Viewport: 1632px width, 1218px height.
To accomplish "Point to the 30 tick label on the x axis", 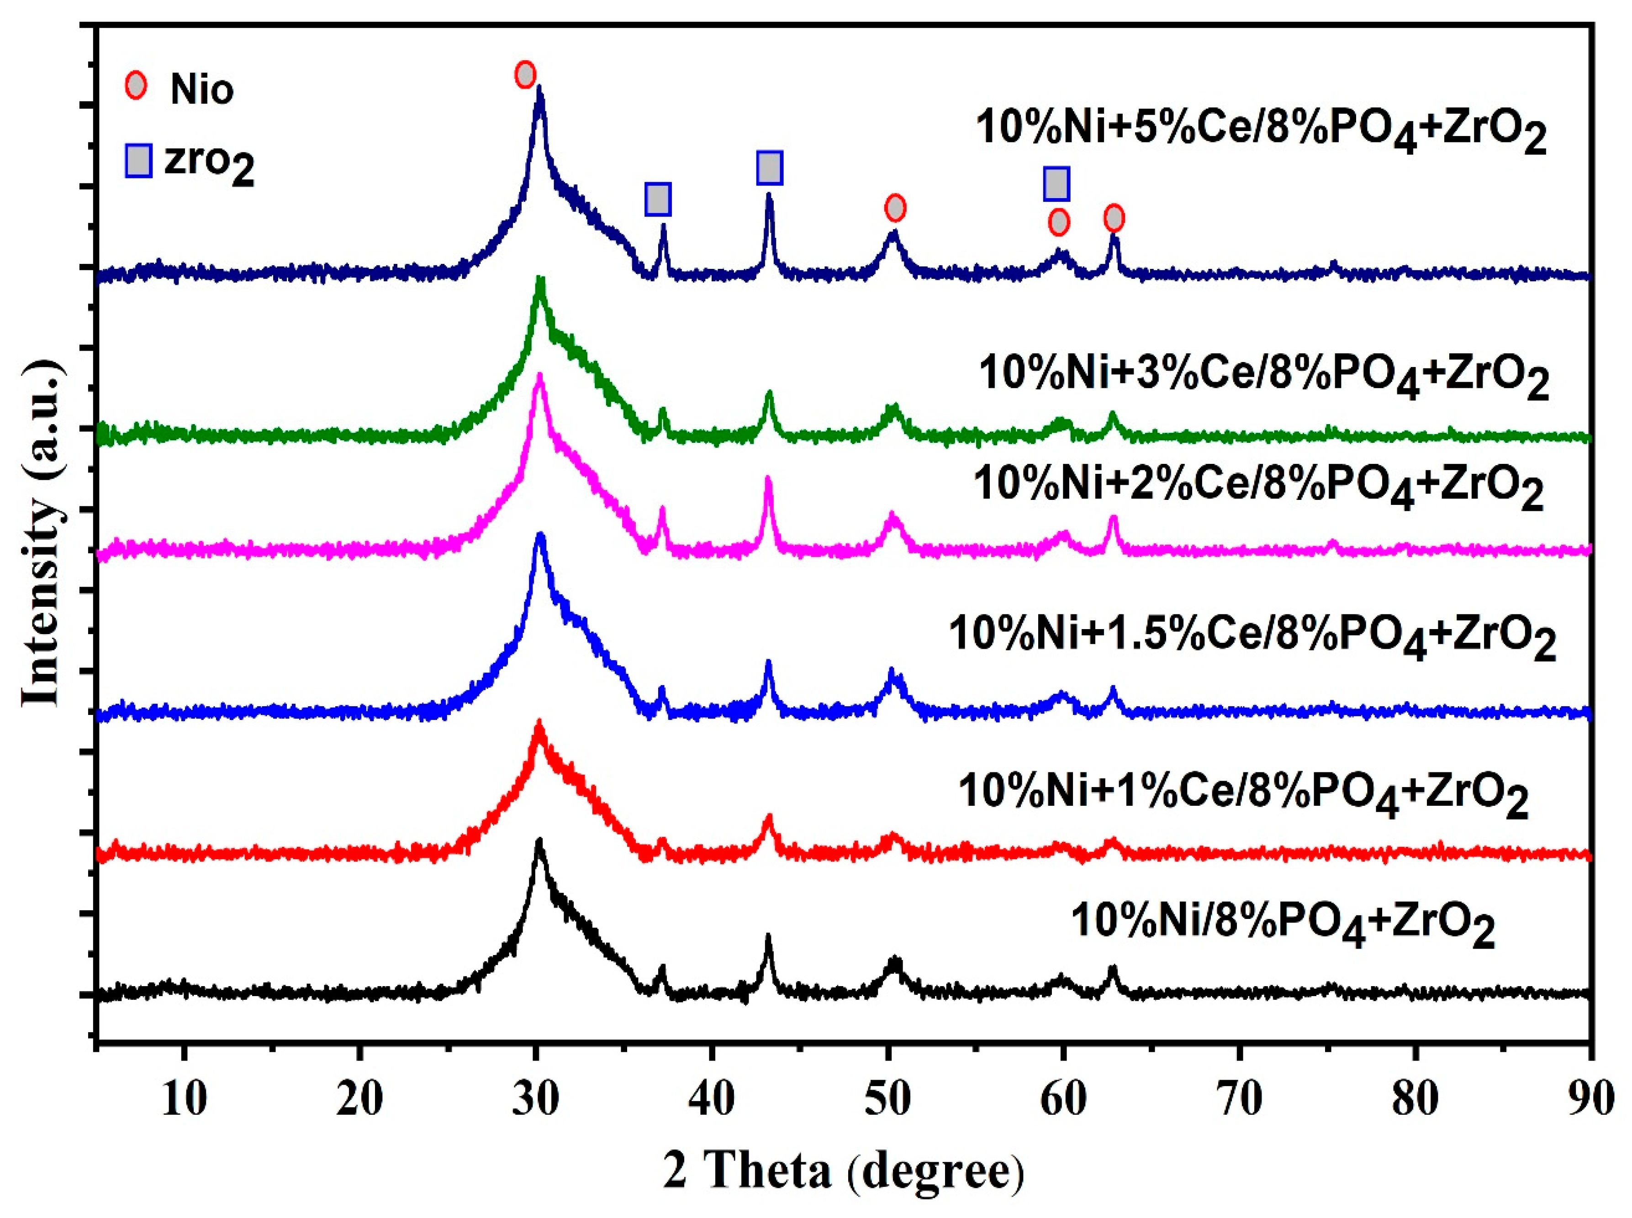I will coord(536,1099).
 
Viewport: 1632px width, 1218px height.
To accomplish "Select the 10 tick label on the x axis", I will coord(184,1099).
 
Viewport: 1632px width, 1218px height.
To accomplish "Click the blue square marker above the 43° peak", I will coord(769,168).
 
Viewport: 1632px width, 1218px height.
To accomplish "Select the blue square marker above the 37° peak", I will coord(658,199).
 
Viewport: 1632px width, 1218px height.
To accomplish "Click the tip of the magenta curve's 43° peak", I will coord(768,479).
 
